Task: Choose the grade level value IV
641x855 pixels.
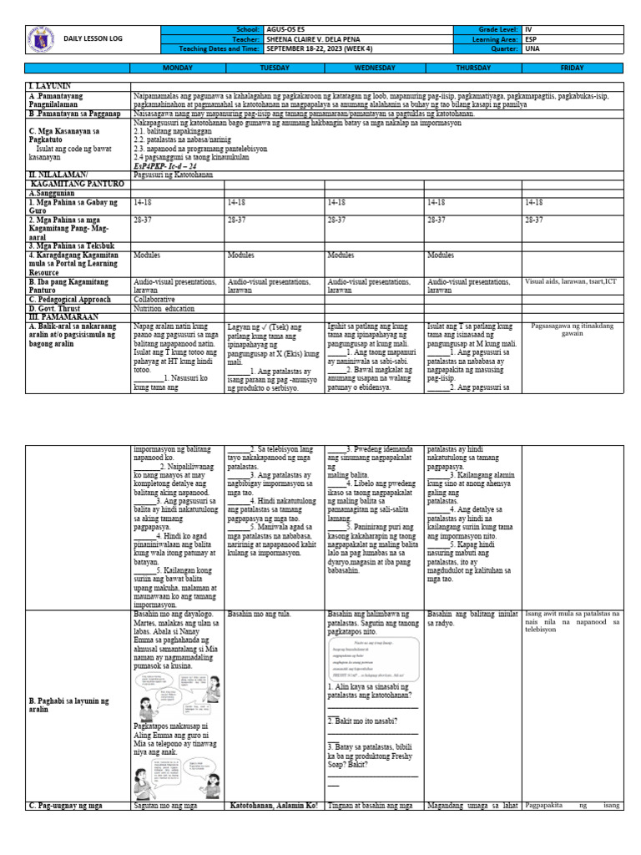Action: [x=527, y=29]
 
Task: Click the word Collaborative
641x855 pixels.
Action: [x=154, y=298]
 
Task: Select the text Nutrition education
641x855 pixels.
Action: [x=164, y=307]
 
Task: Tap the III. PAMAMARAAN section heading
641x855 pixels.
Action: [x=64, y=316]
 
